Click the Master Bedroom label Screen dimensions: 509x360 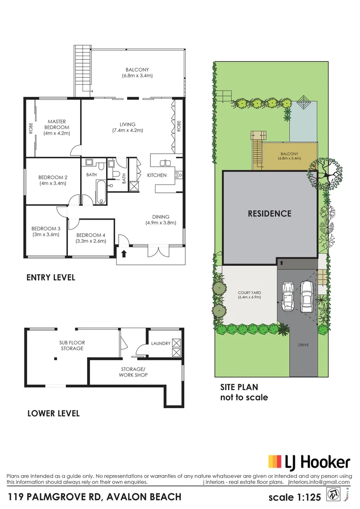click(57, 127)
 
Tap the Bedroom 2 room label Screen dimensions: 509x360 click(53, 180)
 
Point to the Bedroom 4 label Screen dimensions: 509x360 click(91, 238)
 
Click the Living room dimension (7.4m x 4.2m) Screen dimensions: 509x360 click(127, 131)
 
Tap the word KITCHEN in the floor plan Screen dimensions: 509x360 click(157, 175)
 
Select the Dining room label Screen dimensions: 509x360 click(160, 219)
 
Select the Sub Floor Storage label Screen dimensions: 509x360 click(72, 345)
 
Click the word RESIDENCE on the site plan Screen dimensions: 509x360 click(270, 213)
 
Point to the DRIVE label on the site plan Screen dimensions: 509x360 click(303, 345)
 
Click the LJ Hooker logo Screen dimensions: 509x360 click(309, 462)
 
